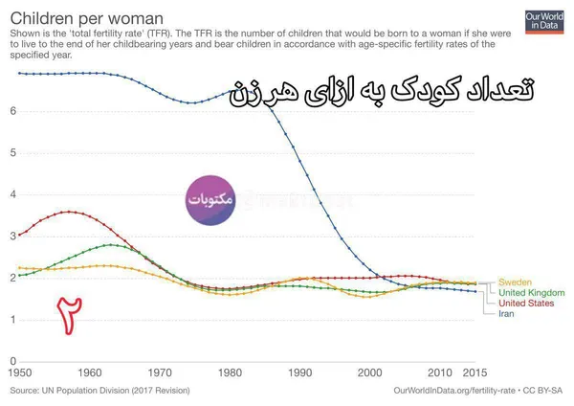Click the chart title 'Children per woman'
click(87, 18)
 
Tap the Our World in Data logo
click(544, 22)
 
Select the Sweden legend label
click(515, 282)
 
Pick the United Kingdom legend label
click(532, 293)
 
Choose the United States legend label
click(526, 303)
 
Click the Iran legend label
click(506, 314)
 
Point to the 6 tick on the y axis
click(13, 111)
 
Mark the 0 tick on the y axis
click(13, 361)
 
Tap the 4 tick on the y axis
click(13, 194)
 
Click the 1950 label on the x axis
click(20, 373)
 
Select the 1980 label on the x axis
click(230, 373)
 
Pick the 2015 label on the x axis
click(475, 373)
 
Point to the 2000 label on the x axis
click(370, 373)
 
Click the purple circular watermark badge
click(210, 200)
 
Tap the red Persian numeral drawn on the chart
click(69, 316)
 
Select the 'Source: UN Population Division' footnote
click(99, 391)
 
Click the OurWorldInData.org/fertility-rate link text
click(454, 391)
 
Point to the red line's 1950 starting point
click(20, 235)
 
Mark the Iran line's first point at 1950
click(20, 74)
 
